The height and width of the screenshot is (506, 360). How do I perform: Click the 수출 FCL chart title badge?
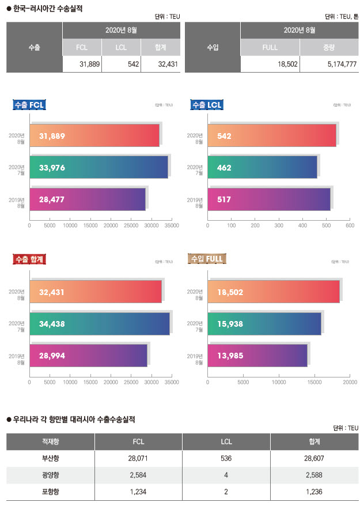coord(29,105)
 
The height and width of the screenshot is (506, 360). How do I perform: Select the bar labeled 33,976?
coord(98,167)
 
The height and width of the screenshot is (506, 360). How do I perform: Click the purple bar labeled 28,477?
coord(87,199)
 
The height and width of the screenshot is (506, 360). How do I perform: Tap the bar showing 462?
coord(262,167)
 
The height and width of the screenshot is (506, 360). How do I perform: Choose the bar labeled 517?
coord(268,199)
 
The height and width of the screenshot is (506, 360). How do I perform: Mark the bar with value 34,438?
coord(99,323)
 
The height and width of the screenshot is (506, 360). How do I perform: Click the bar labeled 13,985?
coord(257,355)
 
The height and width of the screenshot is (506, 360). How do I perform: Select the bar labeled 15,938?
coord(264,323)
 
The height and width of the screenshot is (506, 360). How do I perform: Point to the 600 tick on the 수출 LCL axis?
coord(350,226)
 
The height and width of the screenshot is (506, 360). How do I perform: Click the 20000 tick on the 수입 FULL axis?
coord(350,382)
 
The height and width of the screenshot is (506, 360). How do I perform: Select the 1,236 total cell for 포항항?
coord(314,492)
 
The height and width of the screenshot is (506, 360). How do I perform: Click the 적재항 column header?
coord(50,441)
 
